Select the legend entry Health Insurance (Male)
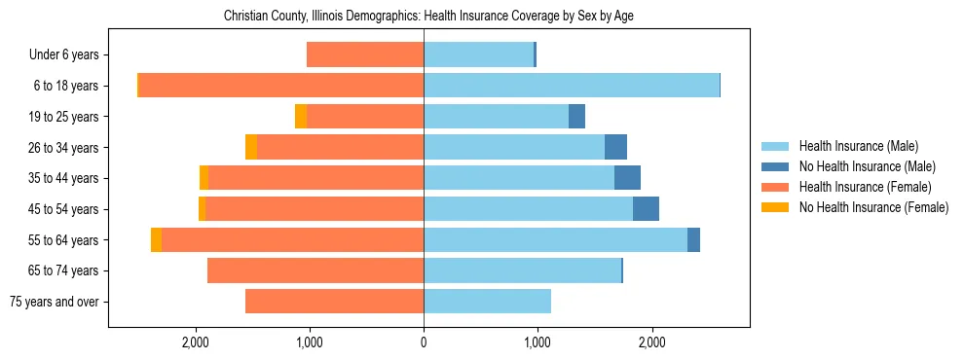(x=858, y=146)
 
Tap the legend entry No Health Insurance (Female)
(x=873, y=207)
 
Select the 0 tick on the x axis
(x=424, y=342)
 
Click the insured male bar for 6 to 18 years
(x=571, y=86)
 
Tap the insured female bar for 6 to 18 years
(x=281, y=86)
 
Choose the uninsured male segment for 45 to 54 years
(x=646, y=209)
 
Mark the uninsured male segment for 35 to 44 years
(x=627, y=178)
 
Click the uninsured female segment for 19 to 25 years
(x=301, y=117)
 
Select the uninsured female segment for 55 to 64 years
(x=156, y=240)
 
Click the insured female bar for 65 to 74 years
(x=315, y=270)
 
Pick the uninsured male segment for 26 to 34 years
(x=615, y=148)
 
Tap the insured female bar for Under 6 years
(x=365, y=55)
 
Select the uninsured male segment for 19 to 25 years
(x=576, y=117)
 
